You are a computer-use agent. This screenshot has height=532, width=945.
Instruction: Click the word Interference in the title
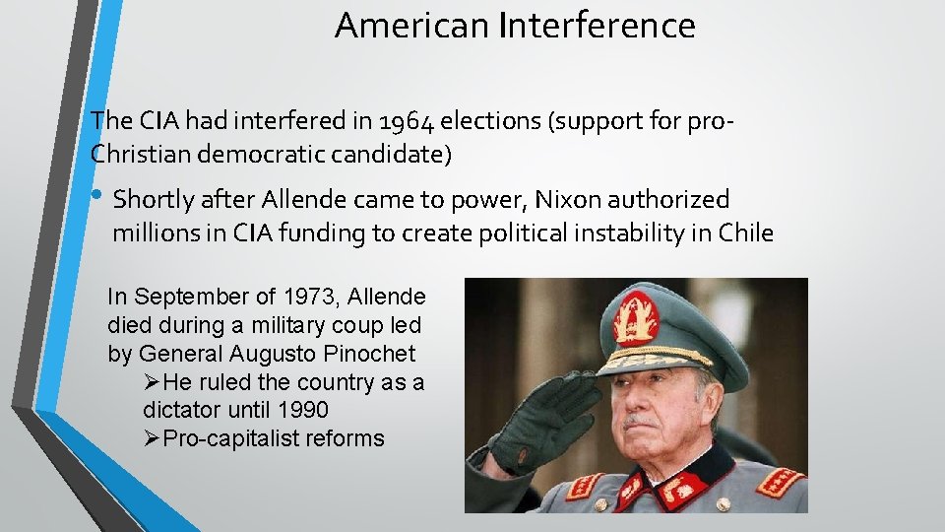[x=598, y=26]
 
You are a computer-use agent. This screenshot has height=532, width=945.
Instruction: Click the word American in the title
[x=413, y=26]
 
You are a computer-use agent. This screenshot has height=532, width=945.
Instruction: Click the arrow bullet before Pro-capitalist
[x=152, y=438]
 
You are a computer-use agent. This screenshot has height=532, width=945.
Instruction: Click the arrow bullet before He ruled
[x=152, y=381]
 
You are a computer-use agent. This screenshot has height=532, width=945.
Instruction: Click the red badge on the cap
[x=637, y=320]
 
